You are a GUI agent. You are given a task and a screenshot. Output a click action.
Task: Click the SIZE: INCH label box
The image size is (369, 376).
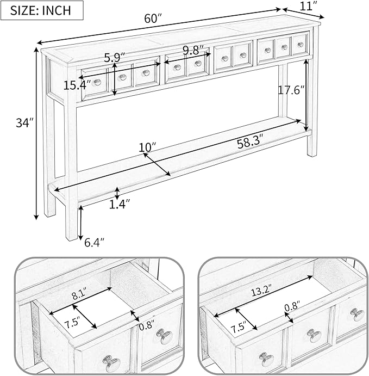click(x=42, y=10)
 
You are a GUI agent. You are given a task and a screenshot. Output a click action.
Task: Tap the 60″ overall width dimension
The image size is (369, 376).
click(x=153, y=19)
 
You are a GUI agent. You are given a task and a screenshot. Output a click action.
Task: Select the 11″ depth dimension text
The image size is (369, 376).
click(x=310, y=6)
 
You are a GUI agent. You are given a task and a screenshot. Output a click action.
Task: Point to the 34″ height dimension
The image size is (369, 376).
click(x=25, y=123)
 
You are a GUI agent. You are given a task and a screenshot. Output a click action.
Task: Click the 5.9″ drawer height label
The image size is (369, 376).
click(x=115, y=58)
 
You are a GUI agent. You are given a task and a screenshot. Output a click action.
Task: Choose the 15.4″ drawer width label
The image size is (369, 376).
click(x=77, y=85)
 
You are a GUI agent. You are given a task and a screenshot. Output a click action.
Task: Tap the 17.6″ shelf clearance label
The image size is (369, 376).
click(x=291, y=90)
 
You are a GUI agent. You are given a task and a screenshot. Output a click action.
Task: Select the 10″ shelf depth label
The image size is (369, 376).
click(x=147, y=147)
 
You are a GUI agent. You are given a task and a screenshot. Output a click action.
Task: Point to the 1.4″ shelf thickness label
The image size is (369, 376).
click(x=120, y=204)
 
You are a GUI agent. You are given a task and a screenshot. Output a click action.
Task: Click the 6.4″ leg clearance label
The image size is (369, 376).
click(x=95, y=243)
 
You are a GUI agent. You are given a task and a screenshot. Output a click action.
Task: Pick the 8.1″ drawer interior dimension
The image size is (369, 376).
click(x=79, y=295)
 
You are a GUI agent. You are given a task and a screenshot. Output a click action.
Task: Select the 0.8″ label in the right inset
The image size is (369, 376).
click(x=292, y=306)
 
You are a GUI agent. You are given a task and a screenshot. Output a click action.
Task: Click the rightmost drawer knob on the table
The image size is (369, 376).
click(x=301, y=45)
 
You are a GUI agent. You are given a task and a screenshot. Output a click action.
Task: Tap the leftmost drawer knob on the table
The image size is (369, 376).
click(x=97, y=83)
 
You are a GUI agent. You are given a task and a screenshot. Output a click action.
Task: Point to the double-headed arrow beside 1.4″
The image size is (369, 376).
click(x=117, y=194)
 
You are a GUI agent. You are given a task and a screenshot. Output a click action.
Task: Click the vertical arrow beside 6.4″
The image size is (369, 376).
click(x=80, y=223)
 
